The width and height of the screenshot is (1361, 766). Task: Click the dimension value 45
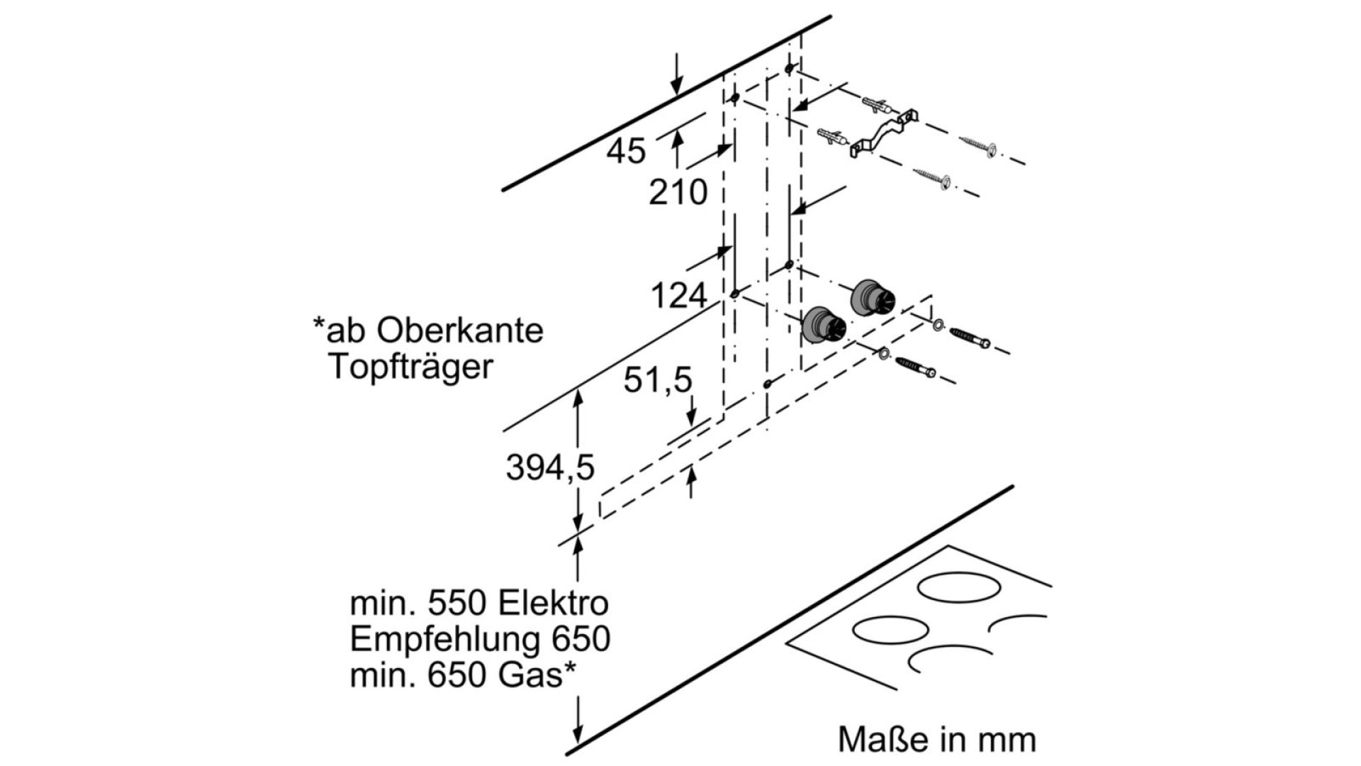click(627, 151)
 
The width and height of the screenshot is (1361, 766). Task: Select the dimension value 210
click(678, 192)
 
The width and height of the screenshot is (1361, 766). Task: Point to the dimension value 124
click(679, 296)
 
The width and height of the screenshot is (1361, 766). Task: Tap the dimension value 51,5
click(657, 381)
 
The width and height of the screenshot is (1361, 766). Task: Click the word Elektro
click(553, 604)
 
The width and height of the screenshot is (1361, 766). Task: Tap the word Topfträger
click(410, 368)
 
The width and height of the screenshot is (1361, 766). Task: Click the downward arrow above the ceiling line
click(677, 73)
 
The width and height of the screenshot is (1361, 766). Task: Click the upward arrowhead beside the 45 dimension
click(677, 140)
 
